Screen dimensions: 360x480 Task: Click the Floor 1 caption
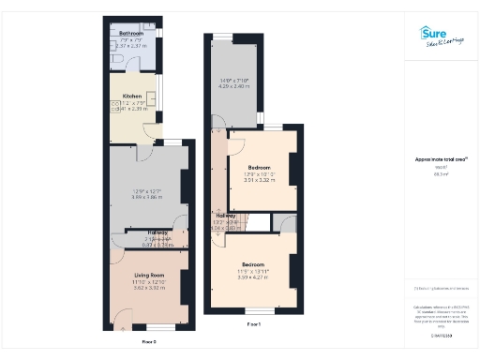tap(253, 323)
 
